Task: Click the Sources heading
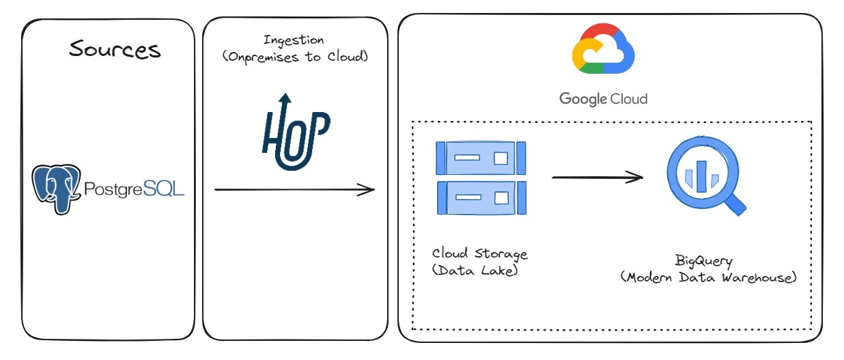tap(115, 49)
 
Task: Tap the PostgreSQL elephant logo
tap(57, 189)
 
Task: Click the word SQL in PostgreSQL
tap(163, 189)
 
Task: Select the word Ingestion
tap(294, 40)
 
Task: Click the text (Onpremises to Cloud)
tap(295, 57)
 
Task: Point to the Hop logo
tap(296, 132)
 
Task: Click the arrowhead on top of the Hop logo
tap(285, 98)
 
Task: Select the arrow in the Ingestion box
tap(294, 190)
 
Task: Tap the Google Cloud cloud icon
tap(603, 49)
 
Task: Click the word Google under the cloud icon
tap(583, 99)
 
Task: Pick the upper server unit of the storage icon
tap(481, 158)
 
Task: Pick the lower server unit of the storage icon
tap(481, 198)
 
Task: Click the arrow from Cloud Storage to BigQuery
tap(597, 177)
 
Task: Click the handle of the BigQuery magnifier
tap(735, 204)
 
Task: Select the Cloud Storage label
tap(479, 253)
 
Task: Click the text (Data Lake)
tap(475, 270)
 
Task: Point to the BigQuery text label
tap(703, 261)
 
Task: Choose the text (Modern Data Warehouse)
tap(708, 277)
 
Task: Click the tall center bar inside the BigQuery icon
tap(701, 176)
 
